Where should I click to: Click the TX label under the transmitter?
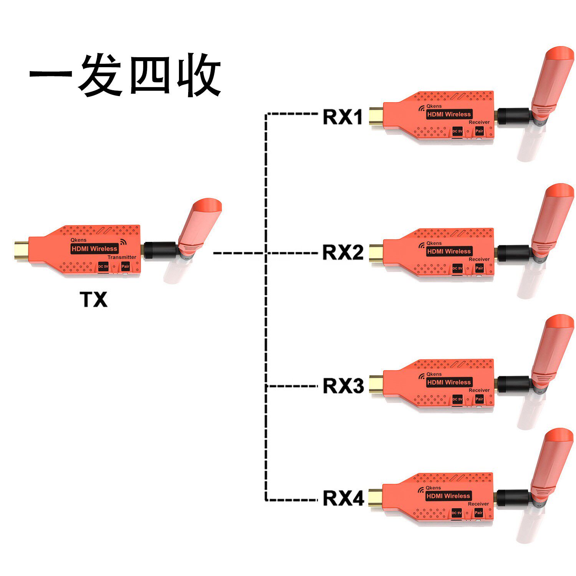point(94,300)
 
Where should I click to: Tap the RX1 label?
point(343,117)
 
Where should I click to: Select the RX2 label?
point(343,252)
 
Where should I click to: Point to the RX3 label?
point(343,386)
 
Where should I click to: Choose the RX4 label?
point(343,498)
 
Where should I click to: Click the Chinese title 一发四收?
point(125,75)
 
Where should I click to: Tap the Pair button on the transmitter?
point(125,266)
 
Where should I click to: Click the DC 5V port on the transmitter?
point(103,266)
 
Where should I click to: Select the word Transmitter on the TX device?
point(122,257)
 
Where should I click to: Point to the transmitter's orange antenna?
point(199,227)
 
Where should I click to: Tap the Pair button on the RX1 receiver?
point(479,131)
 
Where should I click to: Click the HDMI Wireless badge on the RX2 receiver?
point(449,251)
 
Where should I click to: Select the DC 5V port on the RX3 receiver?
point(457,399)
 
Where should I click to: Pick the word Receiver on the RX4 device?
point(478,504)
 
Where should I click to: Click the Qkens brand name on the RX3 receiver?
point(434,374)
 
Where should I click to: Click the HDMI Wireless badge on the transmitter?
point(94,249)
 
